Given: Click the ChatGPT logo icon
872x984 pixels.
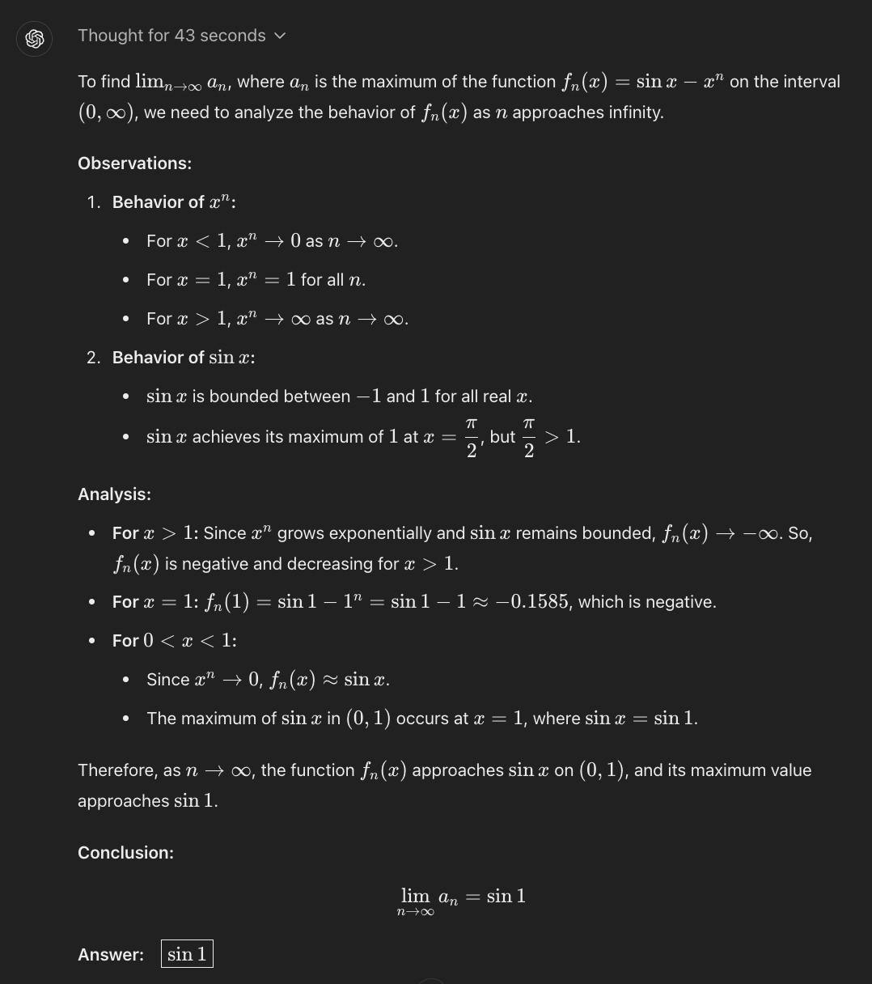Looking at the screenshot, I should point(35,38).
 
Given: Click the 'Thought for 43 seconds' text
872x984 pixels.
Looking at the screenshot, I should point(171,36).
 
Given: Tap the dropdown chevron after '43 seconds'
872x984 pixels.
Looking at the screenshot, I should point(281,36).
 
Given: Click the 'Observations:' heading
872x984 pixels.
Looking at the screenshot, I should point(134,163).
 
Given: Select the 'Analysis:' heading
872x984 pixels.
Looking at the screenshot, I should point(114,494).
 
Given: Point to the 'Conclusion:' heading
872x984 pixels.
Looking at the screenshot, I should point(125,852).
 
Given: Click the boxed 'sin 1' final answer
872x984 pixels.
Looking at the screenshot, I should point(187,954).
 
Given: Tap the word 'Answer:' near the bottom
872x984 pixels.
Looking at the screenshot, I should point(111,954).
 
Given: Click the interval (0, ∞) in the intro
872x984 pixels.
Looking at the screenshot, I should point(108,112).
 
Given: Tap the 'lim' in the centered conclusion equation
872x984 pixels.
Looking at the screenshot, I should point(415,895).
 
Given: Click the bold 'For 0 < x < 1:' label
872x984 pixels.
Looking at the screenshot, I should point(174,641).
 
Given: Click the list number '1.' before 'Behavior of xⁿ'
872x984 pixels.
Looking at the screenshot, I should point(94,202).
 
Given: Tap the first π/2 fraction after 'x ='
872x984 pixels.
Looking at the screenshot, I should point(472,437).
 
